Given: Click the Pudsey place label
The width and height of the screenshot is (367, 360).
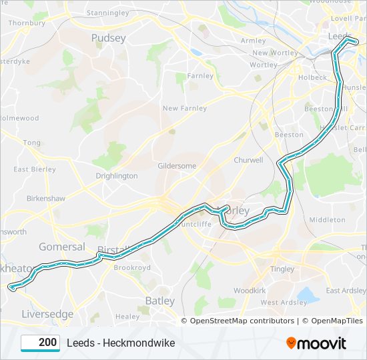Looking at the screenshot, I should (108, 38).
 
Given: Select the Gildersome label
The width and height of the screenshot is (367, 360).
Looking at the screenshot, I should (177, 165).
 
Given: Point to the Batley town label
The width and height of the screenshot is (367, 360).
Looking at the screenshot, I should (159, 301).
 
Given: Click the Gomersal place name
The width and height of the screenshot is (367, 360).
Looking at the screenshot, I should (61, 246).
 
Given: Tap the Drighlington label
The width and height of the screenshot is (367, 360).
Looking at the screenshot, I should (116, 176).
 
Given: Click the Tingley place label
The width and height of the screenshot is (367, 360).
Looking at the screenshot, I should (282, 269).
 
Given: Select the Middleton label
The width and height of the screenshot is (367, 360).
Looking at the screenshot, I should (327, 219).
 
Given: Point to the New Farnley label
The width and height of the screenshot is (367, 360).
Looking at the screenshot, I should (185, 108).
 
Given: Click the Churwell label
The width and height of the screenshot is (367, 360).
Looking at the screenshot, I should (248, 160).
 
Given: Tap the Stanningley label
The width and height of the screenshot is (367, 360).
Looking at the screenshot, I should (107, 13).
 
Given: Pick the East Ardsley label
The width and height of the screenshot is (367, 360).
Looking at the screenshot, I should (346, 291).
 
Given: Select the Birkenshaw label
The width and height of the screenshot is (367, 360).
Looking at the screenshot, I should (45, 199).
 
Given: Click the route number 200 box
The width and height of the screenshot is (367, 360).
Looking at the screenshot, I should (41, 343).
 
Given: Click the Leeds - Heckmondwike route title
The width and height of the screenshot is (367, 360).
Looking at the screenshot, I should (120, 343).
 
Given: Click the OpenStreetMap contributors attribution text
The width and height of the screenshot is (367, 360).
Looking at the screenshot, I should (242, 321).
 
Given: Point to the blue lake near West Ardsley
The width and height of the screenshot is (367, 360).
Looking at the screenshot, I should (308, 294).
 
